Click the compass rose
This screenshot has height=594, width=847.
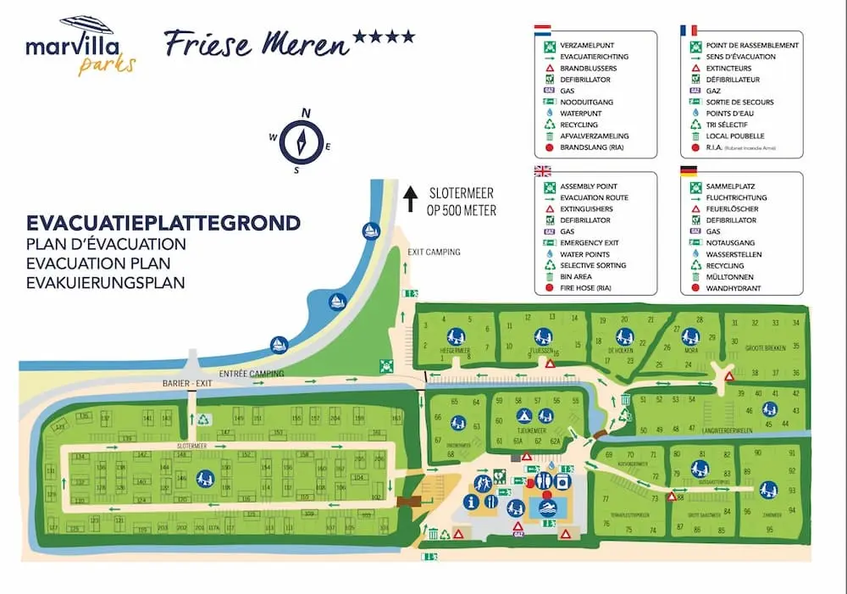tap(301, 139)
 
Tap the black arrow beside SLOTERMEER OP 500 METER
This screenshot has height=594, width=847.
tap(410, 200)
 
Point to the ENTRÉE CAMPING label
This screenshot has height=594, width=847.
tap(252, 374)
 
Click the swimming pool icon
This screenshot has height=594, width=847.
tap(548, 509)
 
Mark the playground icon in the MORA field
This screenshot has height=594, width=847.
tap(689, 336)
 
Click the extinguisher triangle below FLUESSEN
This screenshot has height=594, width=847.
tap(551, 364)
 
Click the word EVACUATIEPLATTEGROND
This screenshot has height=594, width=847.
tap(163, 224)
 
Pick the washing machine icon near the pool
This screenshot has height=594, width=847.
tap(562, 480)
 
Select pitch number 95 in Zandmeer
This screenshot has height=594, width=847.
tap(769, 530)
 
